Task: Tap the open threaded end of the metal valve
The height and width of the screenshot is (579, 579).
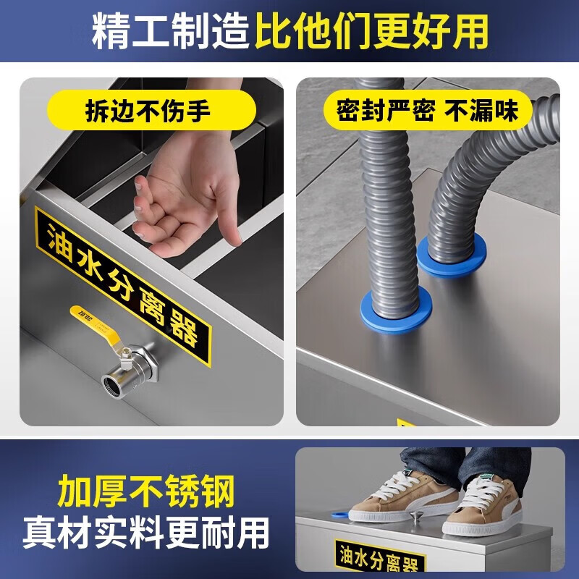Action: click(111, 384)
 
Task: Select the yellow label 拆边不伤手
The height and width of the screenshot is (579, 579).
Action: click(151, 110)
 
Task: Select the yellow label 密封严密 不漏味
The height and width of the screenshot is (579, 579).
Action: click(428, 110)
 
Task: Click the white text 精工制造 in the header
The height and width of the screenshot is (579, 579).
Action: click(171, 31)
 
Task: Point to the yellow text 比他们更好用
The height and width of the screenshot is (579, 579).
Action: click(371, 31)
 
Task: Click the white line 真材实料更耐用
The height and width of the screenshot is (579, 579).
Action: click(146, 533)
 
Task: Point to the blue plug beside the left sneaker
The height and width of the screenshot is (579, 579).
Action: click(340, 514)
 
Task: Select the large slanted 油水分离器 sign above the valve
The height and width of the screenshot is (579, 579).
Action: click(123, 287)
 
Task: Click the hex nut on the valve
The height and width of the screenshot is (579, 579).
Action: click(146, 362)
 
